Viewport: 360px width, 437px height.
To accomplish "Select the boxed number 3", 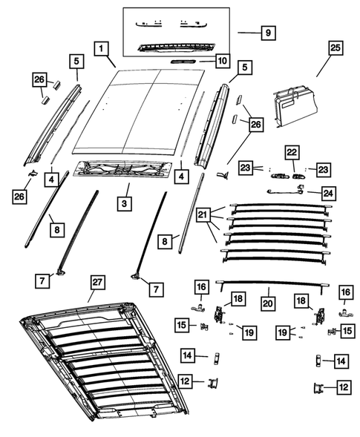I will coord(126,202).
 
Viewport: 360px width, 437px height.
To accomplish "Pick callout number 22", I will coord(292,153).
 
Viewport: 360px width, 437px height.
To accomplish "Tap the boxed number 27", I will coord(96,283).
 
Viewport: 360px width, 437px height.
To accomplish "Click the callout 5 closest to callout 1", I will coord(76,60).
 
